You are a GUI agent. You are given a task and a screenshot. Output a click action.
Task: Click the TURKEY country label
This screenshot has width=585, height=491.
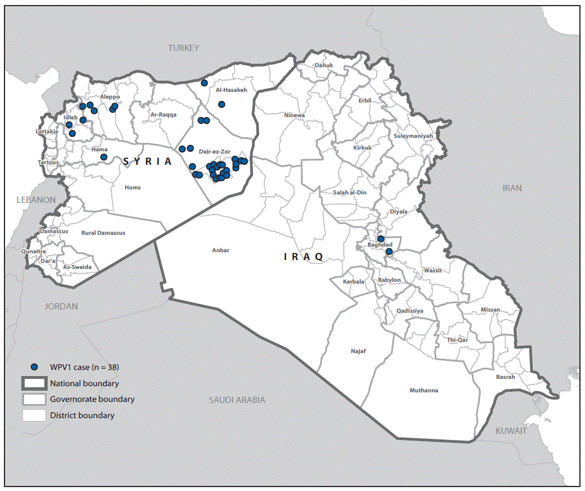pyautogui.click(x=183, y=48)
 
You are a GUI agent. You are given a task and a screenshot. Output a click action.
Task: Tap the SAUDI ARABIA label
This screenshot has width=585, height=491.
pyautogui.click(x=237, y=400)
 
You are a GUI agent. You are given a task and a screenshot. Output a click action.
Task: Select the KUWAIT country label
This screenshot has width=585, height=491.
pyautogui.click(x=510, y=431)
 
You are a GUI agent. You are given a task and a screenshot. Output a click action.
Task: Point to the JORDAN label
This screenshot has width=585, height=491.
pyautogui.click(x=61, y=307)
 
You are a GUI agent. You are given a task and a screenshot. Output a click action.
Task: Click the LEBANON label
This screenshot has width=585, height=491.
pyautogui.click(x=36, y=200)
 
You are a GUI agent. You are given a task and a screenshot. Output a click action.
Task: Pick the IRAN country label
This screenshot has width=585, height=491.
pyautogui.click(x=512, y=188)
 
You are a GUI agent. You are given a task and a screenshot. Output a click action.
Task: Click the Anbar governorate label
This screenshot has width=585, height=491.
pyautogui.click(x=221, y=251)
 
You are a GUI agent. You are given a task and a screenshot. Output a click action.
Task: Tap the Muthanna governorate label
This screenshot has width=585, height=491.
pyautogui.click(x=423, y=391)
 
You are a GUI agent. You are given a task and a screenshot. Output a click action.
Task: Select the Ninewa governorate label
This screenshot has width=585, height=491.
pyautogui.click(x=294, y=115)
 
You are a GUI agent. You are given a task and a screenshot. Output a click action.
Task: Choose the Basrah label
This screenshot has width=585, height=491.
pyautogui.click(x=505, y=377)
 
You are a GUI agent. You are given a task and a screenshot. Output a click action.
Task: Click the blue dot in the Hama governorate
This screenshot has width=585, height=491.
pyautogui.click(x=104, y=157)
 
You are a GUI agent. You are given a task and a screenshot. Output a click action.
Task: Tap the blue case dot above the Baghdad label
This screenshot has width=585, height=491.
pyautogui.click(x=381, y=239)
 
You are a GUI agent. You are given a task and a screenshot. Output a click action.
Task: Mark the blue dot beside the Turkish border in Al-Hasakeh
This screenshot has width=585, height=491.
pyautogui.click(x=204, y=83)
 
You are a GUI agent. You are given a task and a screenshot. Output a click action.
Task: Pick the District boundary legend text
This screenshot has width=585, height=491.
pyautogui.click(x=82, y=415)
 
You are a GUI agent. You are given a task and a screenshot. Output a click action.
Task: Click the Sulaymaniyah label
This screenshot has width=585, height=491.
pyautogui.click(x=413, y=136)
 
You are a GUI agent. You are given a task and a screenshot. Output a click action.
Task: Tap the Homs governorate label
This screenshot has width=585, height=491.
pyautogui.click(x=132, y=188)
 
